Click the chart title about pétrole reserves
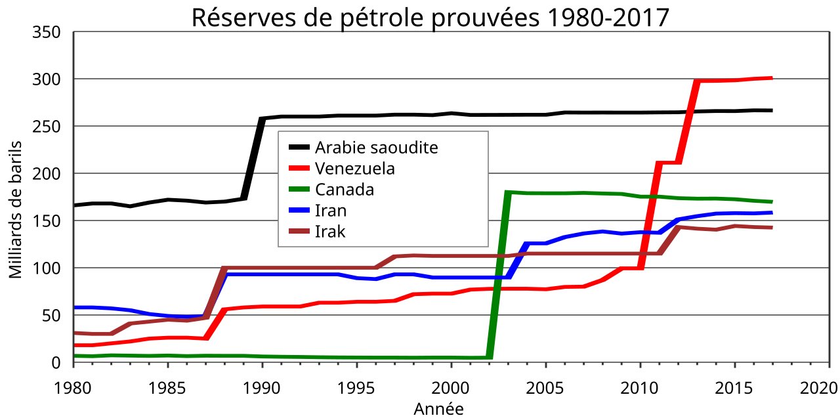tap(430, 17)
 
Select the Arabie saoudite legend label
tap(376, 147)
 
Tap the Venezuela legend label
tap(354, 168)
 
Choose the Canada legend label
tap(344, 190)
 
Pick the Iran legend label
tap(331, 211)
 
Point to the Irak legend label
tap(330, 232)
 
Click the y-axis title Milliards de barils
tap(16, 209)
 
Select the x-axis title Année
tap(438, 409)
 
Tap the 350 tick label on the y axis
tap(47, 32)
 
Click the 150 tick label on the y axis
tap(47, 221)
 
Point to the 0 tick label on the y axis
tap(56, 363)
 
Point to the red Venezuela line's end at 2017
tap(771, 78)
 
